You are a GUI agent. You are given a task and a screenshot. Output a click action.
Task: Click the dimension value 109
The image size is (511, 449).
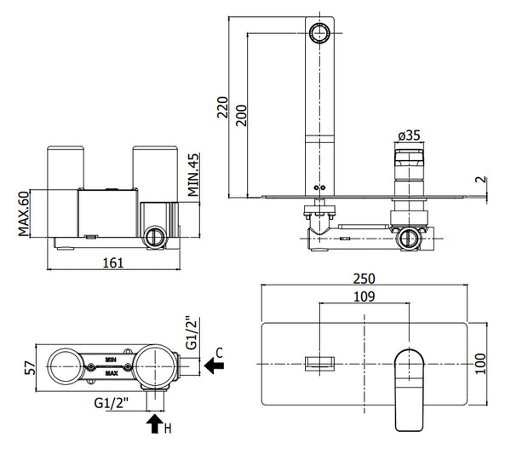[361, 296]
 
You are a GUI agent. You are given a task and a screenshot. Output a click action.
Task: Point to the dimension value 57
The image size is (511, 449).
[29, 367]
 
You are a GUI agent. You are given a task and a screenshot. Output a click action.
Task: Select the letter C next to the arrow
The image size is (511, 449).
[219, 350]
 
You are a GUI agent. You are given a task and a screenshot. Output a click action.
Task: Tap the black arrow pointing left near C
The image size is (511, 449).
[215, 366]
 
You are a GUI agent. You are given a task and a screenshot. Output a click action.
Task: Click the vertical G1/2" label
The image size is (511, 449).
[192, 332]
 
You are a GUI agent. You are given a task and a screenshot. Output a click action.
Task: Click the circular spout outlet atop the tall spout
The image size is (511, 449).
[319, 33]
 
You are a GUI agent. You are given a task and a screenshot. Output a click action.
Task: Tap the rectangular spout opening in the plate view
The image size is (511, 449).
[318, 364]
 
